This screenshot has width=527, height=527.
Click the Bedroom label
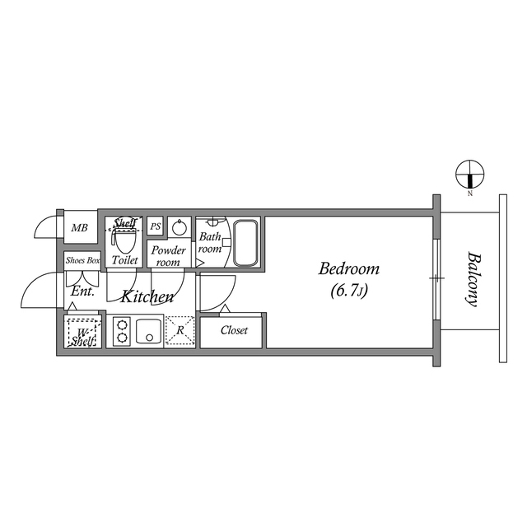tap(348, 269)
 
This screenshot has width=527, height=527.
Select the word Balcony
tap(473, 278)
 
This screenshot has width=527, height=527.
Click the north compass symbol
tap(469, 175)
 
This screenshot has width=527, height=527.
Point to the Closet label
tap(234, 330)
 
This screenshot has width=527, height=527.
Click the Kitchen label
tap(147, 296)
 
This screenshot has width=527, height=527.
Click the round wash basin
tap(181, 227)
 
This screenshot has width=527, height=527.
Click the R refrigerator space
tap(180, 331)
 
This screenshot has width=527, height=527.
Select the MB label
tap(80, 228)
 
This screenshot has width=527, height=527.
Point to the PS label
tap(155, 226)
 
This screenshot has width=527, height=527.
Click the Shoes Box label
tap(82, 260)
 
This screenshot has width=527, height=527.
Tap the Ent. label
tap(82, 291)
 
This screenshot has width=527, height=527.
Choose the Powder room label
tap(168, 255)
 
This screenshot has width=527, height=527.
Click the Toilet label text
tap(124, 260)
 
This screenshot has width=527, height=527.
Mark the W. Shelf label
tap(82, 336)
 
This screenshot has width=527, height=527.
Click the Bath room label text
tap(210, 243)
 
